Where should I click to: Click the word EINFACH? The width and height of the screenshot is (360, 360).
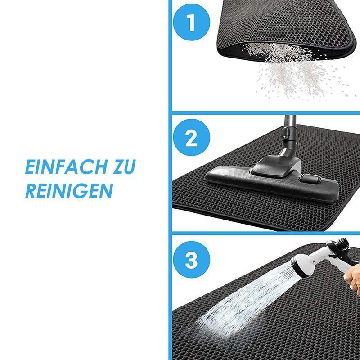coord(66,167)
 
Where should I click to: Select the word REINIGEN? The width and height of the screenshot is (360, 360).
coord(69,190)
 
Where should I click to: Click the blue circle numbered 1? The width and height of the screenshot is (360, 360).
coord(192,22)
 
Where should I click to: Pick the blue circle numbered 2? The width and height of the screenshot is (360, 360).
coord(192,137)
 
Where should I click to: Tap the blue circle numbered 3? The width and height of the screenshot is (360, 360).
coord(192,260)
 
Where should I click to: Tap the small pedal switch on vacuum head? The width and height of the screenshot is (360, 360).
coord(310,178)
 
